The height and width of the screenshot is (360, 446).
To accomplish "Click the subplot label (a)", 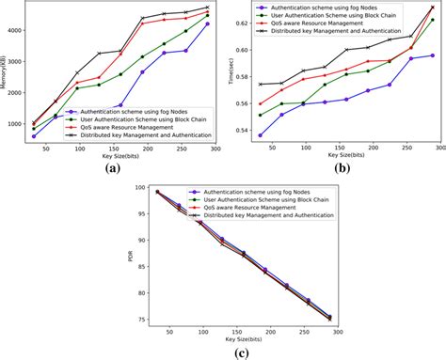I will (112, 169).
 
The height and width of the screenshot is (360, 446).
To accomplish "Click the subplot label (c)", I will (230, 352).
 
